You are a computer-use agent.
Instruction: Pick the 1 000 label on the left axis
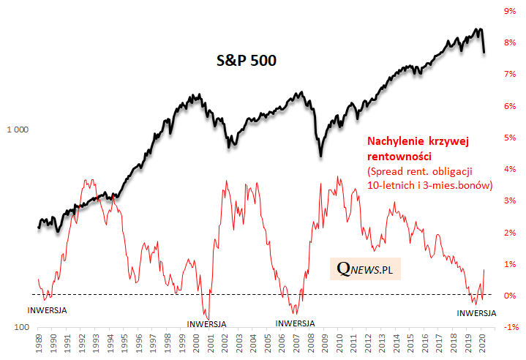[17, 130]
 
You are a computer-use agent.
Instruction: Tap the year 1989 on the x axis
[39, 343]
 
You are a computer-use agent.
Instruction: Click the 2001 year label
[208, 343]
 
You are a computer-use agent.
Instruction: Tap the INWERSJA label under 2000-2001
[206, 323]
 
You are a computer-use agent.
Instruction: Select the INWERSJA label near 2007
[295, 323]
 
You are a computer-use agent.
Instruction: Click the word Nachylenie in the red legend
[393, 141]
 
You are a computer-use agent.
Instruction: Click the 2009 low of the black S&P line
[320, 154]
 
